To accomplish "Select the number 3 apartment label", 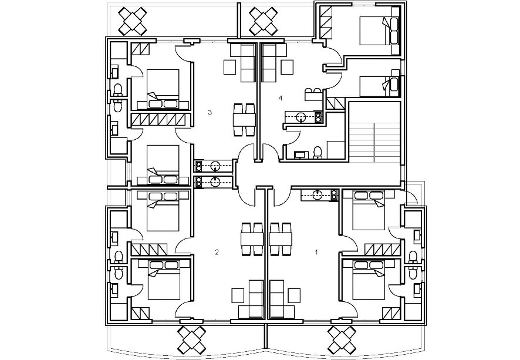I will click(x=210, y=112).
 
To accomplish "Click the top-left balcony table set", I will click(x=134, y=21).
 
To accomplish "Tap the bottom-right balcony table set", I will click(x=342, y=339).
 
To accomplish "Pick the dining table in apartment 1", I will click(x=280, y=239).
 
